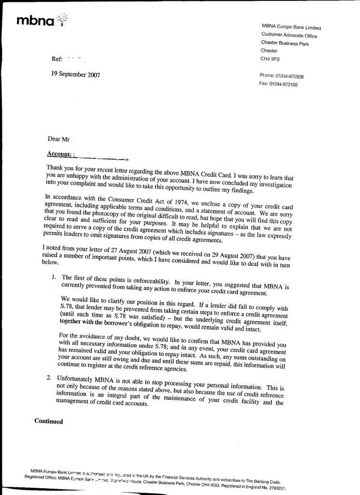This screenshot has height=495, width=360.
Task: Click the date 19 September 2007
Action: pyautogui.click(x=75, y=74)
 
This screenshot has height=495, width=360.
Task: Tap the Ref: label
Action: pyautogui.click(x=57, y=59)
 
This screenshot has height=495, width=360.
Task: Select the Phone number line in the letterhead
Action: pyautogui.click(x=282, y=76)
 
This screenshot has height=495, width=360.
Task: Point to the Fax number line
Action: pyautogui.click(x=278, y=84)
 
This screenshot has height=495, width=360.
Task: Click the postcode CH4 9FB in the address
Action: pyautogui.click(x=270, y=59)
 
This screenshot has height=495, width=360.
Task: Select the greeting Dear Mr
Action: pyautogui.click(x=58, y=139)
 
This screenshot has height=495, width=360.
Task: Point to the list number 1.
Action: pyautogui.click(x=54, y=277)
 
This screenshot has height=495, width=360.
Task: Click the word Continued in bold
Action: pyautogui.click(x=49, y=421)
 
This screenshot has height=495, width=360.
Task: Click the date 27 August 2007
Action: pyautogui.click(x=128, y=248)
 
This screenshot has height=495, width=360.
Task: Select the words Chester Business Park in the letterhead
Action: pyautogui.click(x=285, y=43)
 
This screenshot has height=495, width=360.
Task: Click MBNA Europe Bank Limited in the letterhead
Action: pyautogui.click(x=291, y=27)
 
